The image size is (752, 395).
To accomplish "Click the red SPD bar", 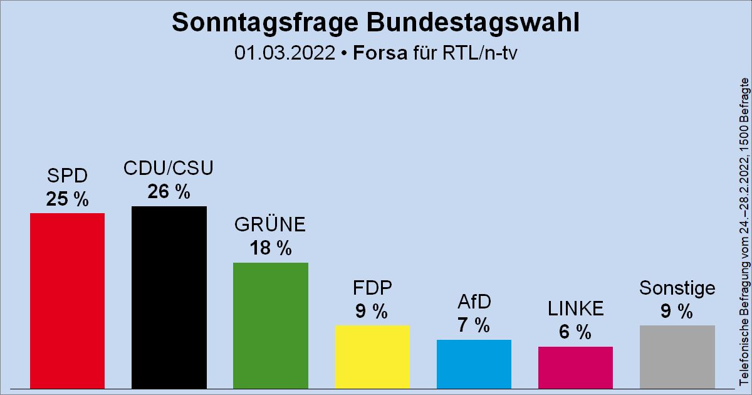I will (67, 300).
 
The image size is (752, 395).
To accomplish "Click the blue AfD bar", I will (474, 364).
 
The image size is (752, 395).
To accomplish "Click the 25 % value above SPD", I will (67, 199).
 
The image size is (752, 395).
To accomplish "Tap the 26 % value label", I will (169, 192).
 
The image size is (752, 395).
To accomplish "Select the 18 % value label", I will (271, 248).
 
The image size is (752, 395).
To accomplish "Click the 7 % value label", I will (474, 325).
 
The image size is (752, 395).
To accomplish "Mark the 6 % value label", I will (575, 332).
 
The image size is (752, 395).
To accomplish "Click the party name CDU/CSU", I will (169, 169).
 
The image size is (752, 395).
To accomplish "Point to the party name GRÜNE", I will (271, 224).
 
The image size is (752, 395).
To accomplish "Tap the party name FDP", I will (372, 288).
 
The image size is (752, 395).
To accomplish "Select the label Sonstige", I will (677, 288).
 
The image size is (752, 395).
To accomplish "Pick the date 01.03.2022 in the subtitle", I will (285, 53).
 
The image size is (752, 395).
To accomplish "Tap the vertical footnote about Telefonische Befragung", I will (744, 232).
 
